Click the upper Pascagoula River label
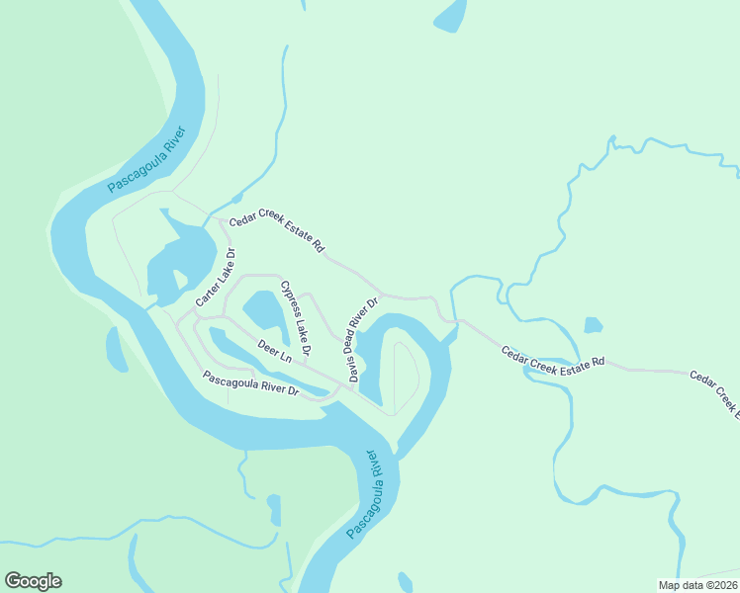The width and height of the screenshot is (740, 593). [x=147, y=158]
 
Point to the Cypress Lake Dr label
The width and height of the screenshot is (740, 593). [x=296, y=318]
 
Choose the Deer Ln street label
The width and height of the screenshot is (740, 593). [x=275, y=351]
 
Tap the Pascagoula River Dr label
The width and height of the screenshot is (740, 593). [x=250, y=383]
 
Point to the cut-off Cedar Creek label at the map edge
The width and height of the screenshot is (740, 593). [x=713, y=390]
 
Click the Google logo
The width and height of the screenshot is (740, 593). [x=33, y=581]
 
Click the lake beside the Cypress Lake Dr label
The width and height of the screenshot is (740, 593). [x=264, y=312]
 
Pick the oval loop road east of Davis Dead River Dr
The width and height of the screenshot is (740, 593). [x=406, y=378]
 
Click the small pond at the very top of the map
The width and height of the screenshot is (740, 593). [x=450, y=15]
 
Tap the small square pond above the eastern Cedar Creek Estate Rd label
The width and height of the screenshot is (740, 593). [x=593, y=325]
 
